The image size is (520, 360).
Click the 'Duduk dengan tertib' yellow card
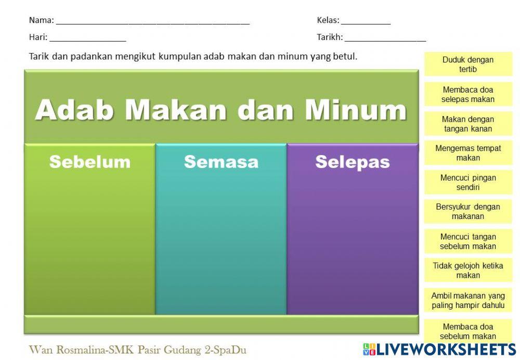pos(468,65)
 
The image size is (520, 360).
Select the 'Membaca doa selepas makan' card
pos(468,94)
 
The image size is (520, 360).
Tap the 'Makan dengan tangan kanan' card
pos(468,124)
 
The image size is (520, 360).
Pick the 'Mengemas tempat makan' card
pos(468,153)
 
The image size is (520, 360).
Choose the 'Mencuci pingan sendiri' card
pos(468,182)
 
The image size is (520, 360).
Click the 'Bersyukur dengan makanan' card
pos(468,211)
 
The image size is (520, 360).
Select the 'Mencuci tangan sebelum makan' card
pos(468,241)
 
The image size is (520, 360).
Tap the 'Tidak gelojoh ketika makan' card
pos(468,271)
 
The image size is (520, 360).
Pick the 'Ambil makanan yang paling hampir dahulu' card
pos(468,300)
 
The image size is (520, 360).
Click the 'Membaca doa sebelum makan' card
pos(468,331)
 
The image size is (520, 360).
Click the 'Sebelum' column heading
pos(90,162)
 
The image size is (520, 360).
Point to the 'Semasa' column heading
pos(221,162)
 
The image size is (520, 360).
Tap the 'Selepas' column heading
pos(353,162)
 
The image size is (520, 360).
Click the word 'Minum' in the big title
pos(355,110)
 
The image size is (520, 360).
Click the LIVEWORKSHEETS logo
pos(439,349)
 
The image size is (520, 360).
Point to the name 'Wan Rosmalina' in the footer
pos(67,349)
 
